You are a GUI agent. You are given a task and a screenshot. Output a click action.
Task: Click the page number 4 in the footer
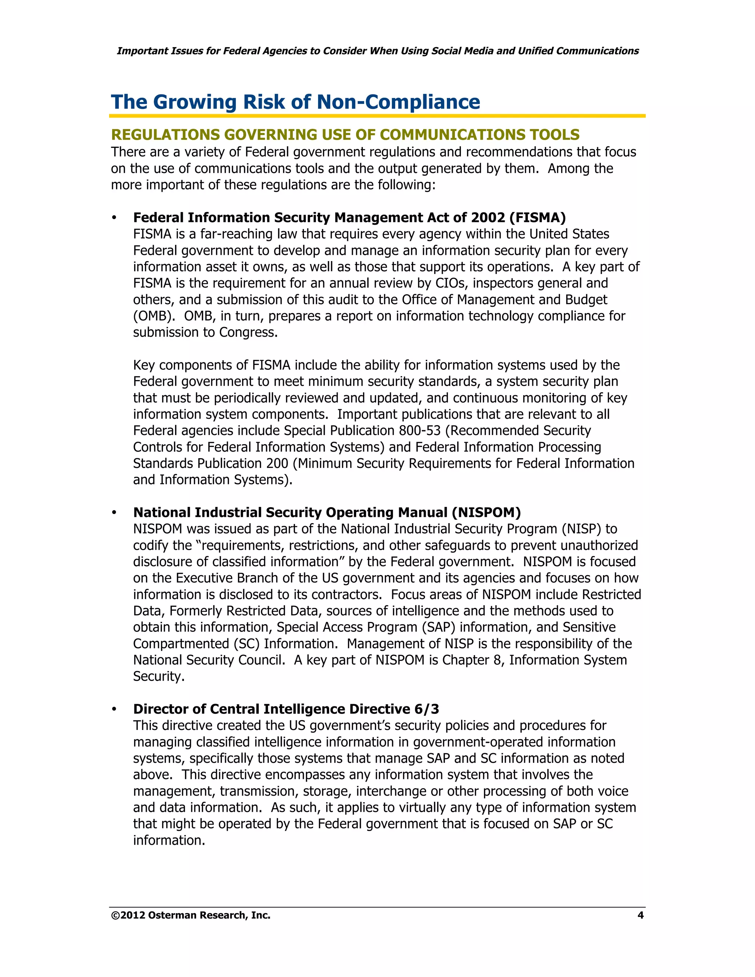pyautogui.click(x=640, y=915)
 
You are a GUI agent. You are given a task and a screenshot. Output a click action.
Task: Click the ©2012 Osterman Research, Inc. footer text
pyautogui.click(x=191, y=915)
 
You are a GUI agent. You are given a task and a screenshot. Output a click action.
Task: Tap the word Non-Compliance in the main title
pyautogui.click(x=398, y=102)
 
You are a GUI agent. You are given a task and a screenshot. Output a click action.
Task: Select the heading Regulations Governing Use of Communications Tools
pyautogui.click(x=345, y=135)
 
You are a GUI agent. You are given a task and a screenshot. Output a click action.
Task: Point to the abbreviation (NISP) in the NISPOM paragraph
pyautogui.click(x=581, y=529)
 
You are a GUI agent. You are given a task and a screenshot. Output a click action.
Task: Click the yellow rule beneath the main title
pyautogui.click(x=377, y=116)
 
